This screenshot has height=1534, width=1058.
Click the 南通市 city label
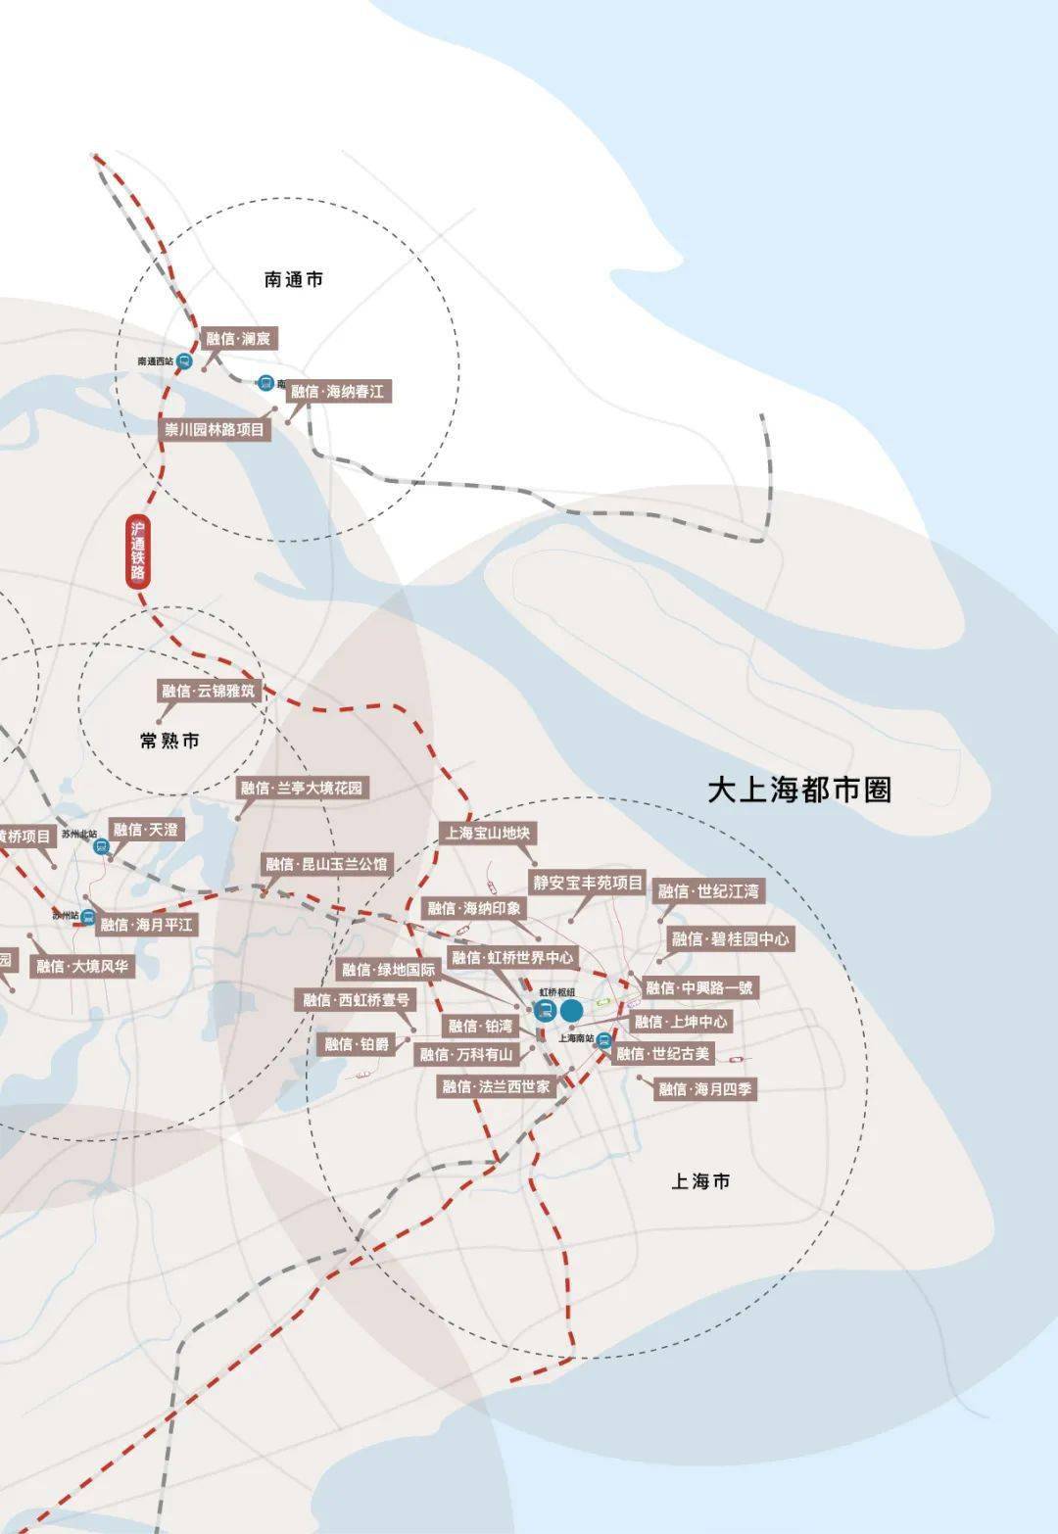(293, 280)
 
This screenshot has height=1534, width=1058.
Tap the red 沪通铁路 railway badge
(138, 551)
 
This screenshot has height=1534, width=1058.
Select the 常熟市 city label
(169, 741)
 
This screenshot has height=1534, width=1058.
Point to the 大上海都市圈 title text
(799, 790)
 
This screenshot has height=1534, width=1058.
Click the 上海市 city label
(700, 1181)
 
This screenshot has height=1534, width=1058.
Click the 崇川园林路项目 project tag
(214, 429)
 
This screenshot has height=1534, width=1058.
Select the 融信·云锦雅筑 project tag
(208, 691)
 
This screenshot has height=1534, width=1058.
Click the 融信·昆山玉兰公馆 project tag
(326, 864)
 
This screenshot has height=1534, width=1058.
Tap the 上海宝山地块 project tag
(488, 833)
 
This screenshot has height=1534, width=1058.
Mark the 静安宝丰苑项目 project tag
(588, 883)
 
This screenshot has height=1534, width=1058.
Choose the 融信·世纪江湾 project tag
(708, 891)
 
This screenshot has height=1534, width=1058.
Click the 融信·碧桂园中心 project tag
(730, 938)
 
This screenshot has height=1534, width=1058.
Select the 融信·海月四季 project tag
(704, 1088)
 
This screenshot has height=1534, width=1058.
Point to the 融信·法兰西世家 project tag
(496, 1086)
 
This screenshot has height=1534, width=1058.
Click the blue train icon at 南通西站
(185, 360)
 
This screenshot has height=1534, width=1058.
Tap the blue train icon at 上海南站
(604, 1040)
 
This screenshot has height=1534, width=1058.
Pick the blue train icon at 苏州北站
(101, 846)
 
